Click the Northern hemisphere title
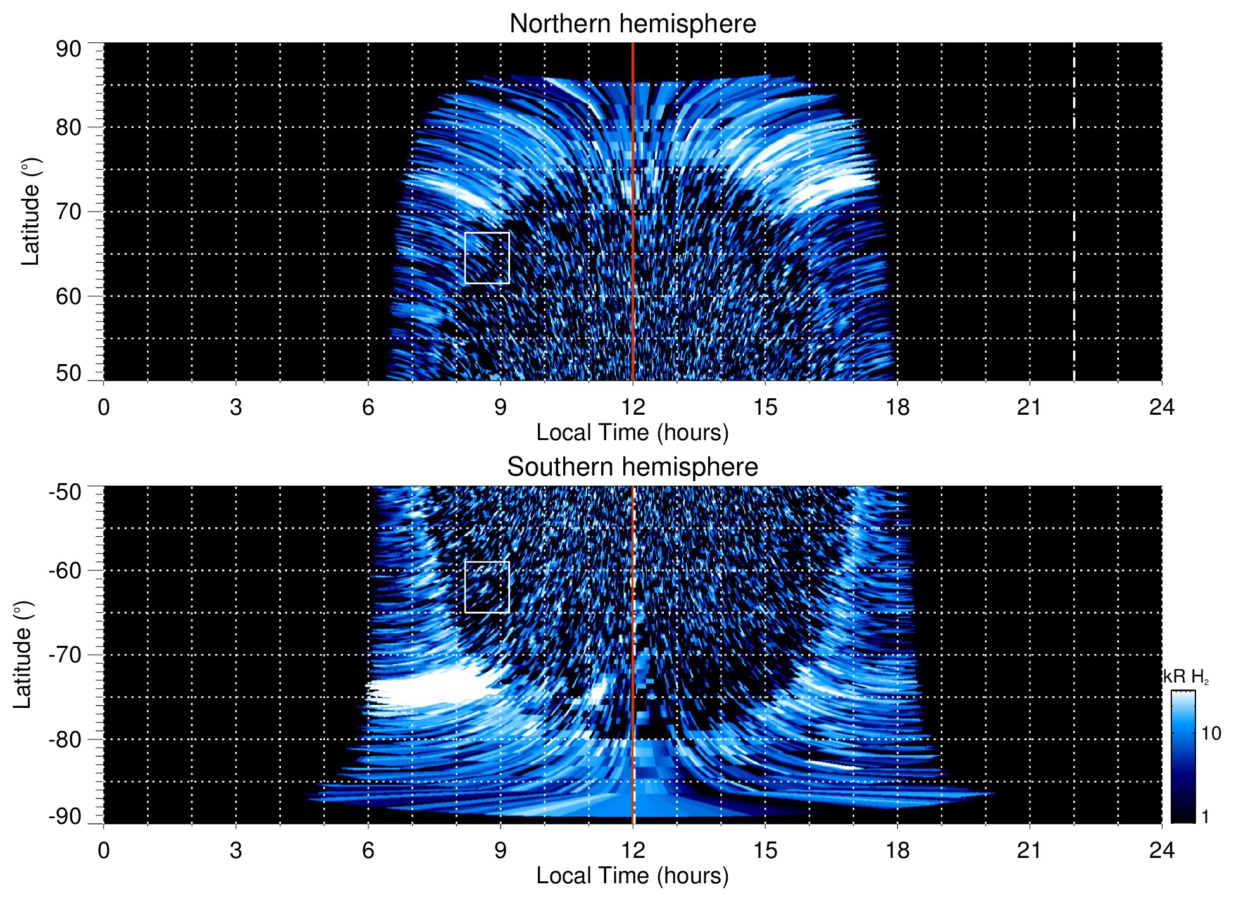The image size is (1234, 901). coord(632,24)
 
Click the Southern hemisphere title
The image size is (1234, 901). coord(632,467)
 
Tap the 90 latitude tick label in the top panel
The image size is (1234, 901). coord(68,49)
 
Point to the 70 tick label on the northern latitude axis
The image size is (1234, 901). coord(68,211)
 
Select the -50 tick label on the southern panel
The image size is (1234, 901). coord(65,492)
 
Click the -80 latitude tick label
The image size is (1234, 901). coord(65,739)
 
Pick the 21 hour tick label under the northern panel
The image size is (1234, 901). coord(1029,407)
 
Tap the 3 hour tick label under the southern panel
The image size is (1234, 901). coord(236,850)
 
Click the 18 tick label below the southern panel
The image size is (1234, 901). coord(897,850)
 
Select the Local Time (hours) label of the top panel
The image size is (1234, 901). coord(632,432)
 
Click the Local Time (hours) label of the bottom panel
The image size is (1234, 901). coord(632,876)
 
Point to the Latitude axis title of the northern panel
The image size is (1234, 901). coord(30,211)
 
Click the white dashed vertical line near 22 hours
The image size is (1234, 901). coord(1074,190)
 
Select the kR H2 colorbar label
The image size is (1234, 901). coord(1185,677)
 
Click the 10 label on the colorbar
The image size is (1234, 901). coord(1211,734)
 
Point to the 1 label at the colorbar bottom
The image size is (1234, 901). coord(1205,817)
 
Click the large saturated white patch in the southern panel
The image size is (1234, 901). coord(430,690)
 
